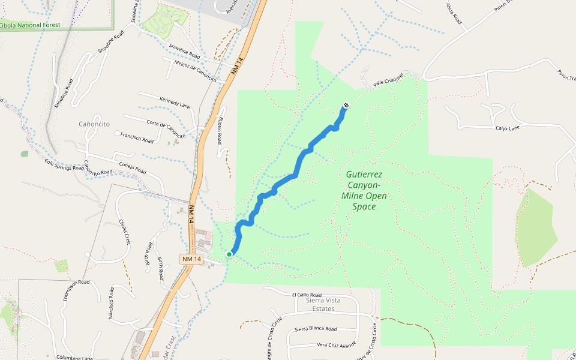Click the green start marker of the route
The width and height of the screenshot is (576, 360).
pos(229,254)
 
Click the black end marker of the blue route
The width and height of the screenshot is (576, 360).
pos(346,106)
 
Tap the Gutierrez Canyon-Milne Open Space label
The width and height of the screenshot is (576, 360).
pos(364,190)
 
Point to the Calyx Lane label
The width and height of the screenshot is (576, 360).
pos(508,128)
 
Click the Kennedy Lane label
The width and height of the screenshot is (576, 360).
pos(175,102)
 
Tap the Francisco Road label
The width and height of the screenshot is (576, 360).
pos(136,138)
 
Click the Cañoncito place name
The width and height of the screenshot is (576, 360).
pos(94,124)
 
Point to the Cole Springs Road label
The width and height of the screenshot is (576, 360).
pos(65,164)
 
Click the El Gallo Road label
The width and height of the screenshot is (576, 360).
pos(307,295)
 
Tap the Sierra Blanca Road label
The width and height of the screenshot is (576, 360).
pos(316,329)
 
